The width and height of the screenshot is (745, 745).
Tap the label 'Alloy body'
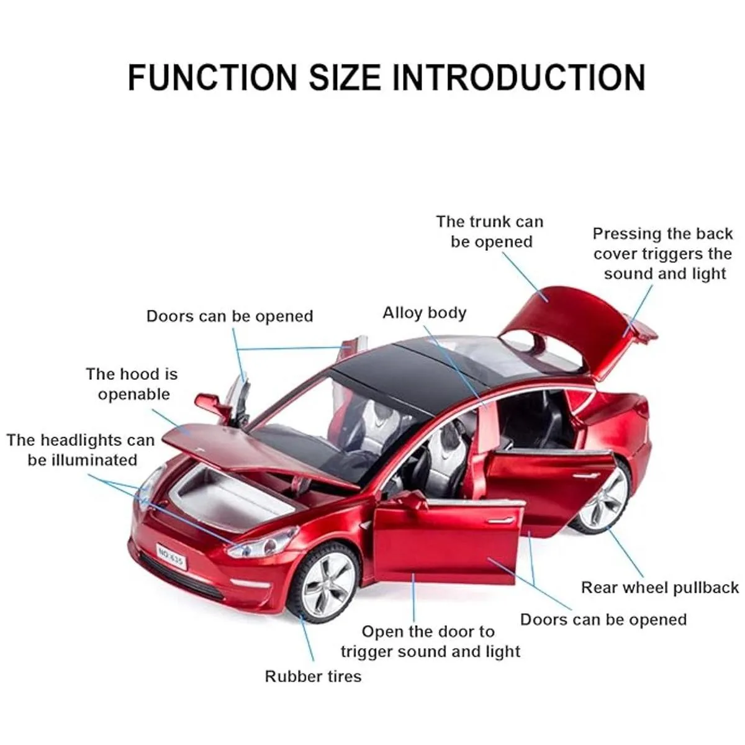(424, 313)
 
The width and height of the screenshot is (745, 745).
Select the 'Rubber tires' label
(313, 676)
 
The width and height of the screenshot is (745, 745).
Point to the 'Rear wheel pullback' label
(659, 587)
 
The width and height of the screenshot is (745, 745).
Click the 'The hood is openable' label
(132, 384)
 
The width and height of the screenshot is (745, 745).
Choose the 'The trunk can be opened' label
(490, 232)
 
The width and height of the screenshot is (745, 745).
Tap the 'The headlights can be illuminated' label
(81, 450)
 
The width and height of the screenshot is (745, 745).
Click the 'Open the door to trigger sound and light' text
(430, 641)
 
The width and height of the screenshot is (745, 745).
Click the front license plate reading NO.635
(170, 554)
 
